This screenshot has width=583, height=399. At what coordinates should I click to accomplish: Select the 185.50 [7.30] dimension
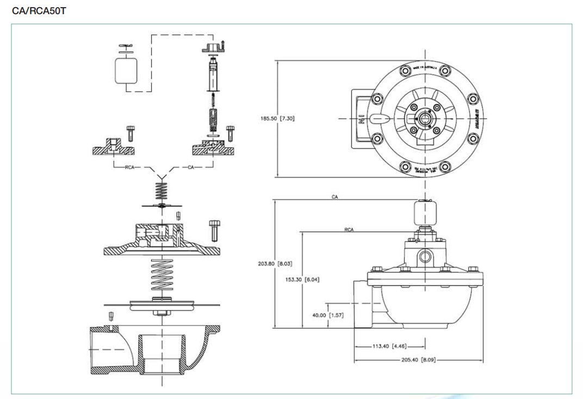(x=277, y=118)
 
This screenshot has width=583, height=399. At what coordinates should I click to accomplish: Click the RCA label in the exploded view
(x=129, y=167)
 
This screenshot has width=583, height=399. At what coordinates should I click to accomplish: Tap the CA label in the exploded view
(x=191, y=167)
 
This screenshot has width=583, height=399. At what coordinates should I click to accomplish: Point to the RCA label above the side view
(x=349, y=230)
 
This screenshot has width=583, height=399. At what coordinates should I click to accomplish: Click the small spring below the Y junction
(x=160, y=191)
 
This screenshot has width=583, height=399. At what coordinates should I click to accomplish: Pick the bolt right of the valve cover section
(x=214, y=229)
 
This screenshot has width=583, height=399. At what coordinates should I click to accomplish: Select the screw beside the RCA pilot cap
(x=131, y=132)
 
